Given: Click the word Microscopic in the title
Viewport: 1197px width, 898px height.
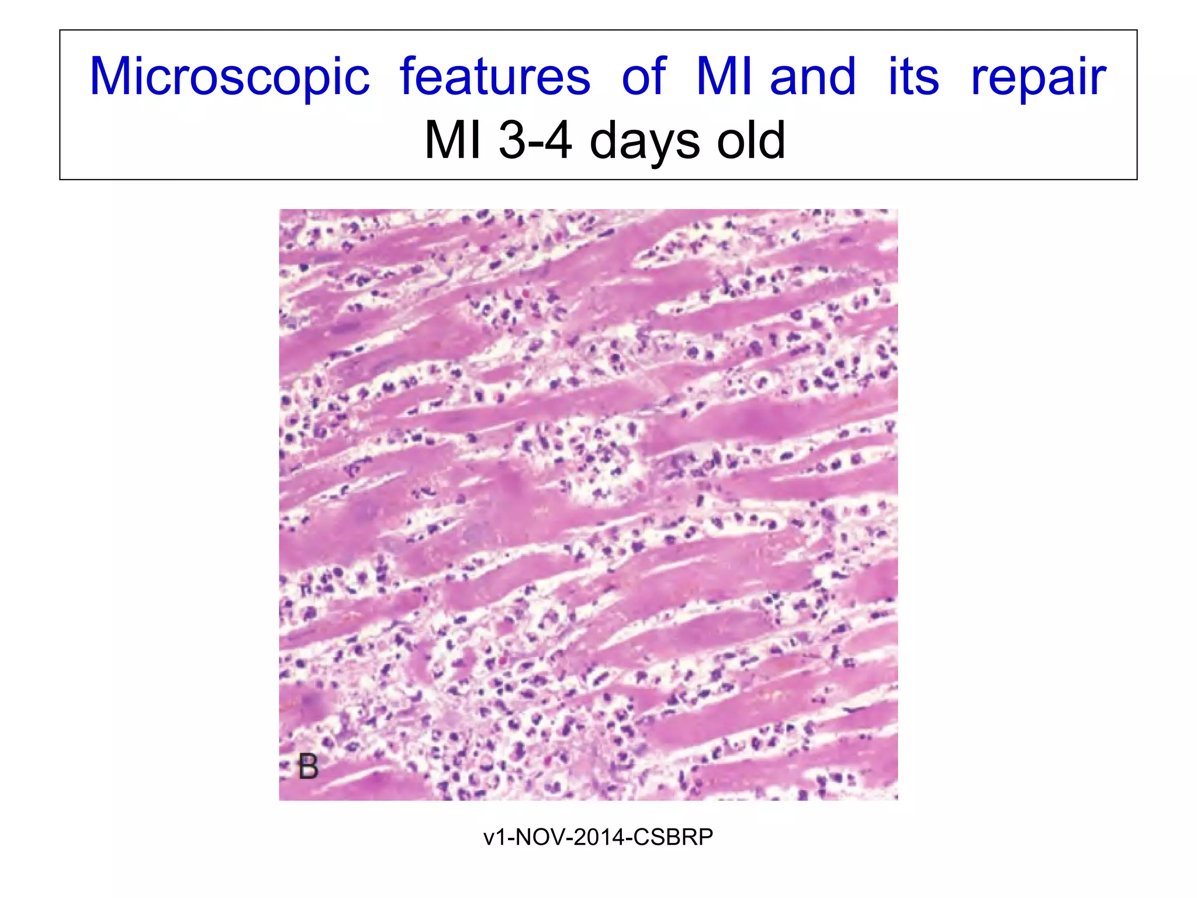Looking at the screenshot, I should [230, 78].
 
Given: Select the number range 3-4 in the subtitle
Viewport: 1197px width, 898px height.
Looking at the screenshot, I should [535, 140].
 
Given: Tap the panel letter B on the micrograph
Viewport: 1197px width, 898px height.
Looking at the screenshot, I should [308, 766].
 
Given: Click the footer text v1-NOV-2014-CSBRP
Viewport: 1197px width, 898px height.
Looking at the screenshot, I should [598, 837].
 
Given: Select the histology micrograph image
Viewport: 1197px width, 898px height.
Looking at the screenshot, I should [588, 505].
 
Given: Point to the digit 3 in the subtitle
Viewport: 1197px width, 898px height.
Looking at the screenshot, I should [513, 140].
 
